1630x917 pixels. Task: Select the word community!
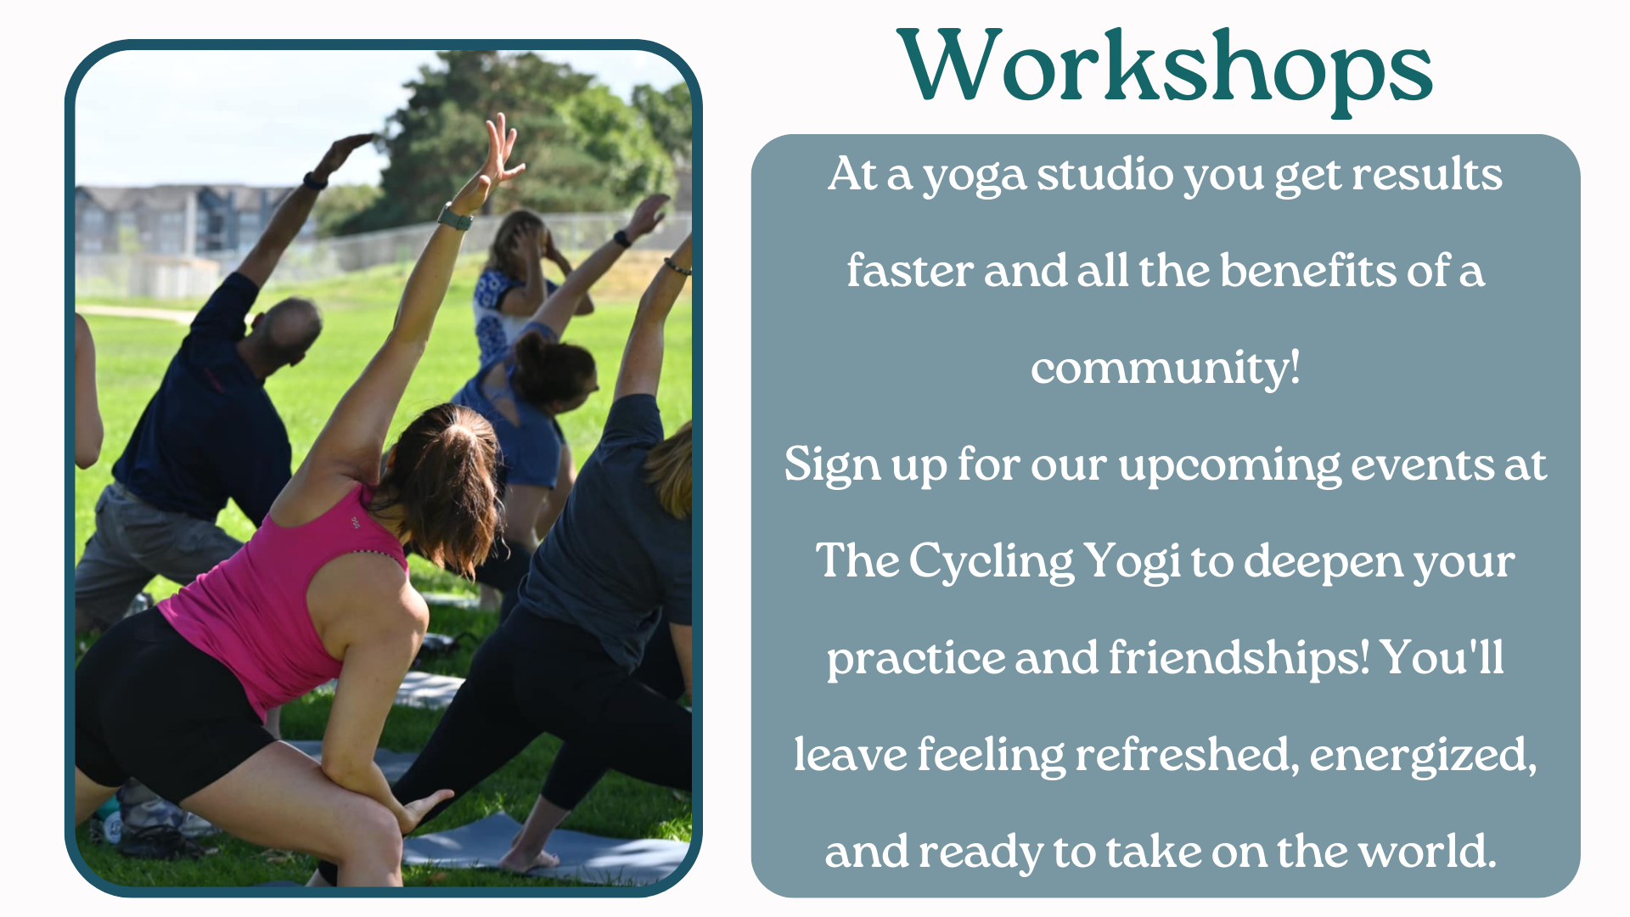pos(1166,368)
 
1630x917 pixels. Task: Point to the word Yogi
pos(1133,562)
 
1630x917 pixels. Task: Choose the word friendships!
pos(1239,657)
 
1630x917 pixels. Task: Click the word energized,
pos(1423,756)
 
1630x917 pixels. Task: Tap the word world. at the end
pos(1426,851)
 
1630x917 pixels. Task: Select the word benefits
pos(1308,271)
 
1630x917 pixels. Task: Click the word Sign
pos(833,465)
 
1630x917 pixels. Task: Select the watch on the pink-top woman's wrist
pos(455,217)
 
